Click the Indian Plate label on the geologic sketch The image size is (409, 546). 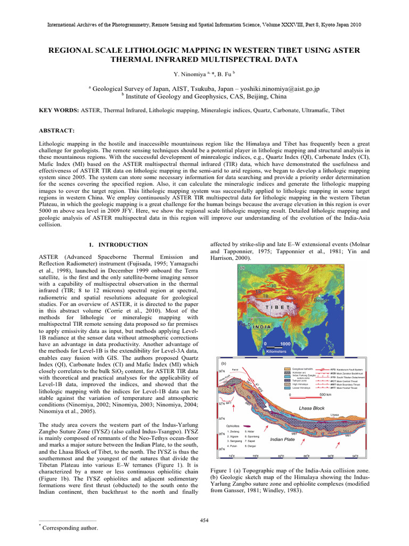(x=283, y=439)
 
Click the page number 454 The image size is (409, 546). (x=204, y=520)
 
